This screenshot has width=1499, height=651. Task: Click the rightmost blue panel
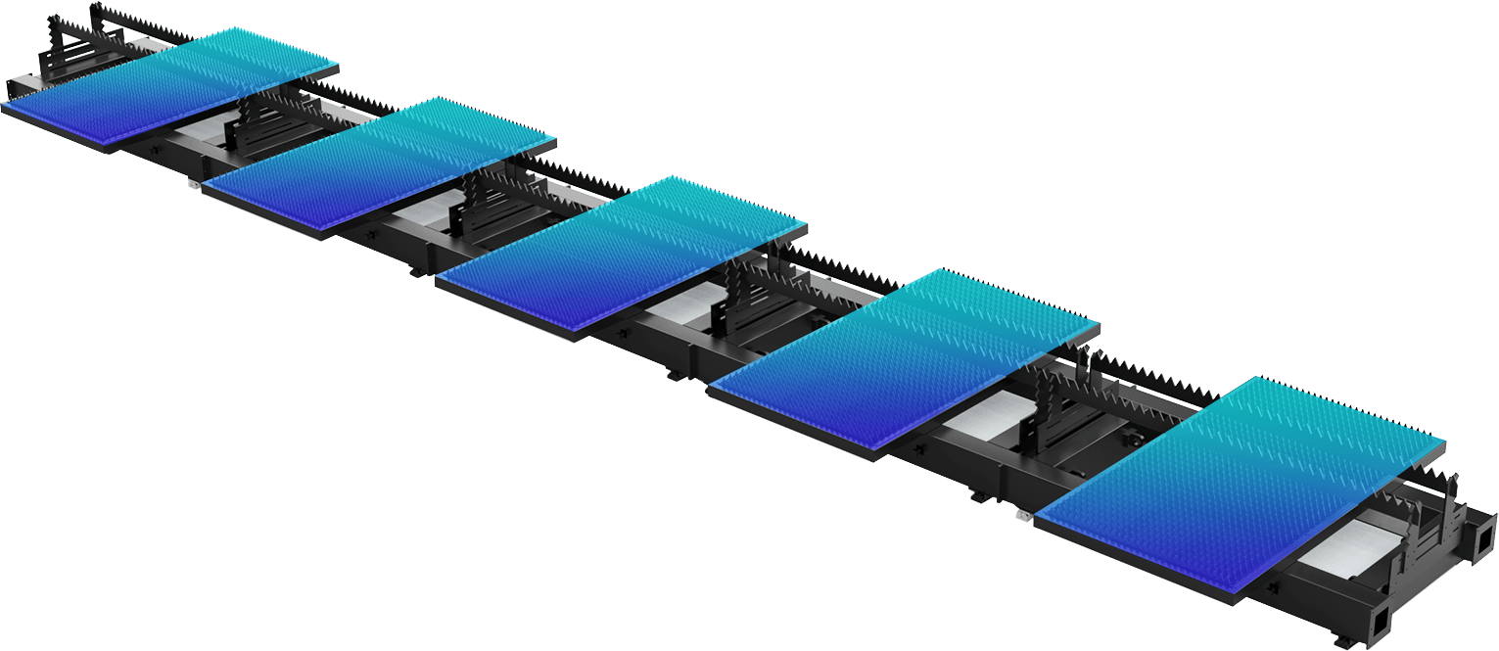(1243, 480)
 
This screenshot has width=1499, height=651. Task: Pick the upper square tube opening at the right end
(1485, 536)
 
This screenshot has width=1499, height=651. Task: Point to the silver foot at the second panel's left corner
(194, 183)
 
